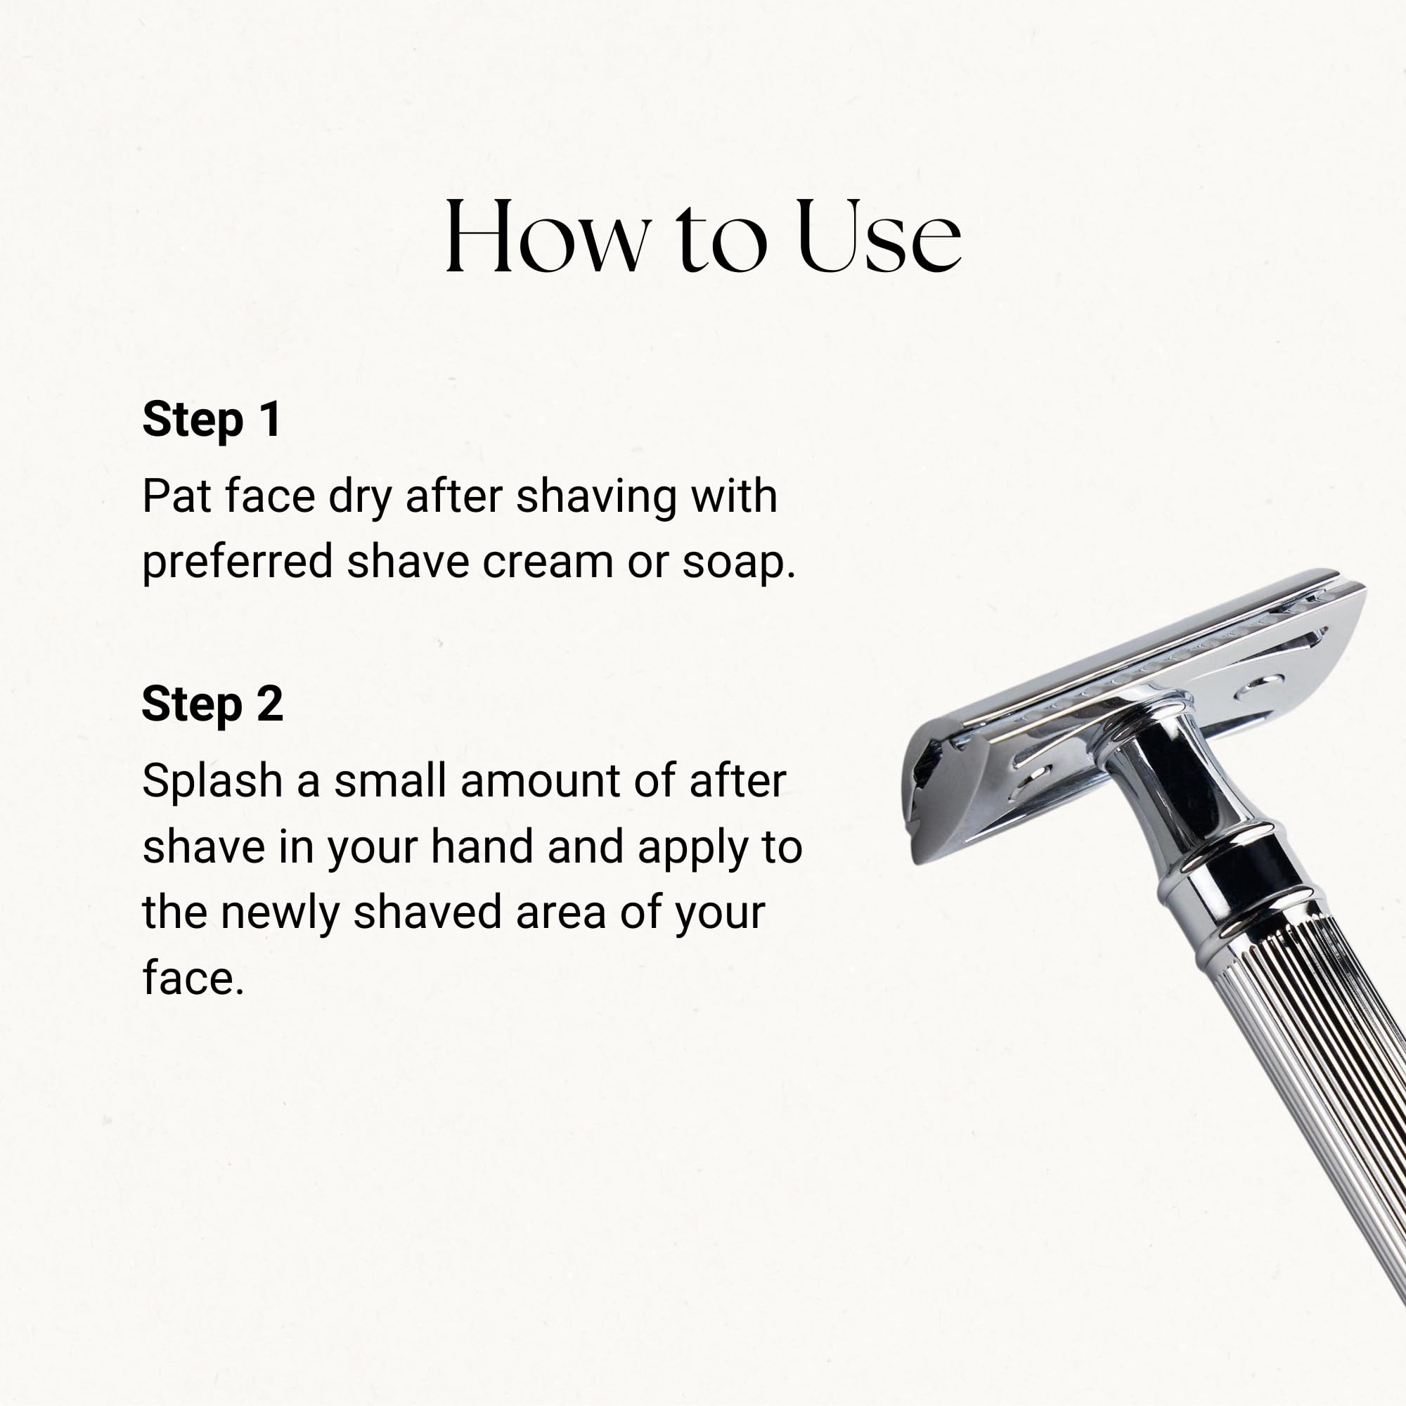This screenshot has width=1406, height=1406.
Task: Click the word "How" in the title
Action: coord(547,236)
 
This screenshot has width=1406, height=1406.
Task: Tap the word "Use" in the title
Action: coord(879,236)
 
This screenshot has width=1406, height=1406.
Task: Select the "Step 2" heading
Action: coord(212,705)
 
